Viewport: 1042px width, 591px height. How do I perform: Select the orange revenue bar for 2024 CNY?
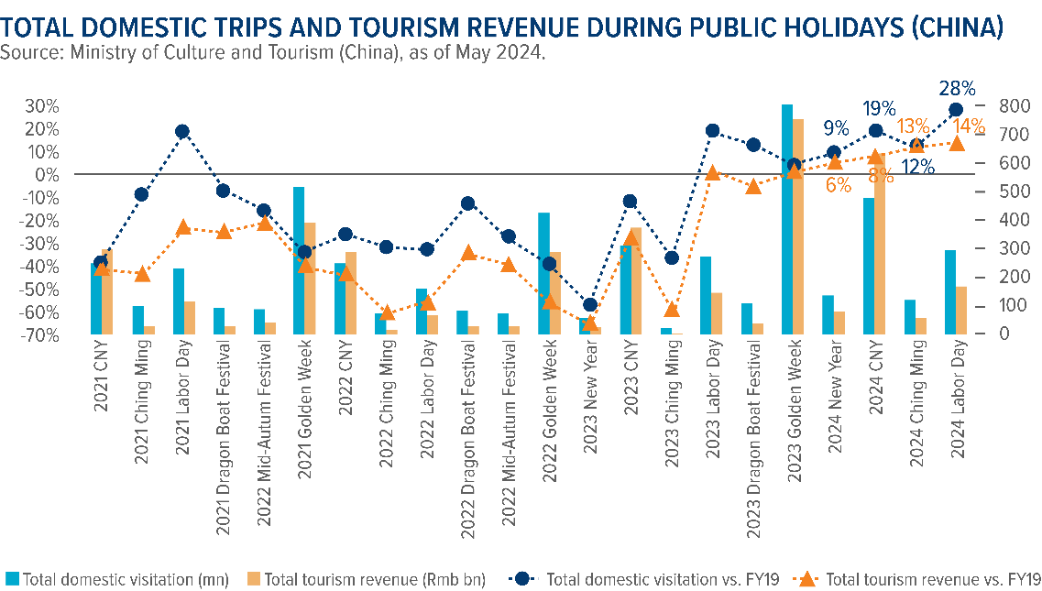point(881,257)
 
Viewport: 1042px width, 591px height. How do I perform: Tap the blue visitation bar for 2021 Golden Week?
point(299,260)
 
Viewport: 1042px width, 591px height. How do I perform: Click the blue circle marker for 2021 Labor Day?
point(182,132)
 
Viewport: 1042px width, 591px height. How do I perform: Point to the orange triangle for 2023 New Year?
point(590,323)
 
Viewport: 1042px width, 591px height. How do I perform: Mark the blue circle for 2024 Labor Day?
point(956,110)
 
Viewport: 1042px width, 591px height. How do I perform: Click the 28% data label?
point(957,89)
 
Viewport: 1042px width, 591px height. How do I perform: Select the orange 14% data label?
point(969,126)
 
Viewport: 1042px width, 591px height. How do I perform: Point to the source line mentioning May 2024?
point(273,53)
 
